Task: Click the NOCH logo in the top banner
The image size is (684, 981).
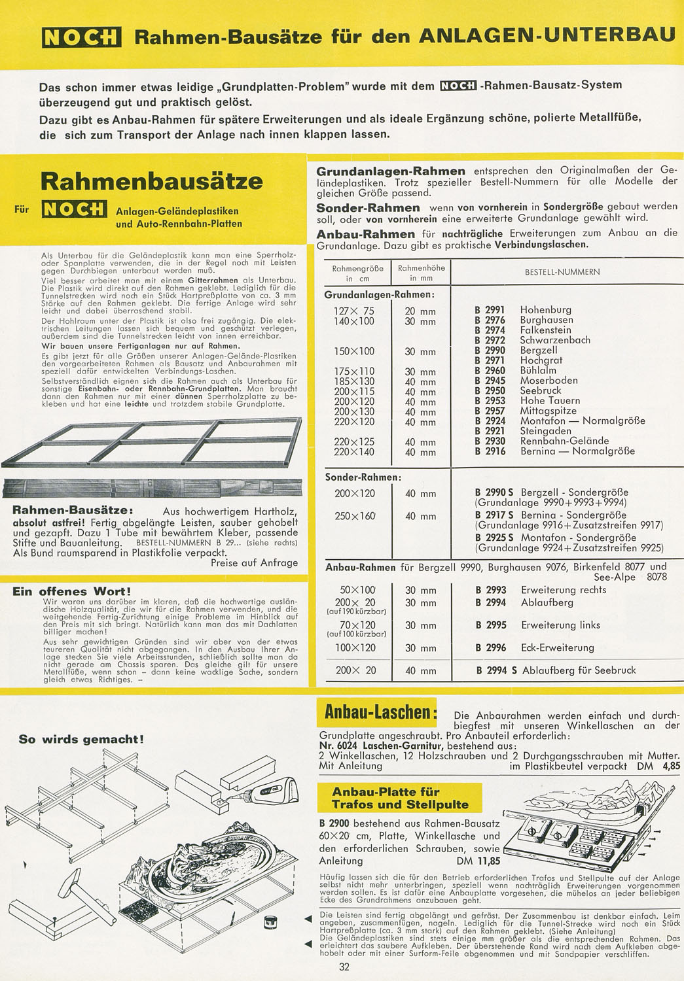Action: pos(81,37)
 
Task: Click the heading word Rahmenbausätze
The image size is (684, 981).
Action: pos(152,181)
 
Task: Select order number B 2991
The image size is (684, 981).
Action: pos(490,310)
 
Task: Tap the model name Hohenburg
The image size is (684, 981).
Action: pos(545,310)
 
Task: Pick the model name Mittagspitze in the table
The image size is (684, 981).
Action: pos(548,411)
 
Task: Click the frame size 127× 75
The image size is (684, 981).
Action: pos(353,311)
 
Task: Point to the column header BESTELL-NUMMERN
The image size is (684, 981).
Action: pos(562,272)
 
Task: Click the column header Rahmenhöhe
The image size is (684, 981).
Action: pos(421,268)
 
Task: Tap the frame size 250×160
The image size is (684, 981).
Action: pos(355,516)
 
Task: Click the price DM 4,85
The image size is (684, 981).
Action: pos(658,766)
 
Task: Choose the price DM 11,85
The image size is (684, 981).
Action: pos(478,861)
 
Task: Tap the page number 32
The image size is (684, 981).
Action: pos(344,967)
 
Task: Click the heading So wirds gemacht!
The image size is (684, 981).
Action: pos(81,740)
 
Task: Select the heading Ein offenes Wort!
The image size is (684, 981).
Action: pos(72,592)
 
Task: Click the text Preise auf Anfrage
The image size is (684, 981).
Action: pos(254,562)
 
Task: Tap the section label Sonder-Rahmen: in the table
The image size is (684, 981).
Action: pos(363,477)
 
